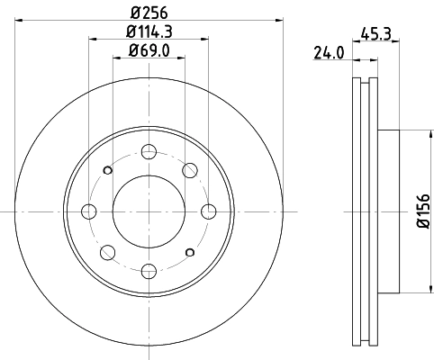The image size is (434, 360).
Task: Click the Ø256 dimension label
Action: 149,12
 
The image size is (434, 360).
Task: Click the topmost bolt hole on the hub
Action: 149,151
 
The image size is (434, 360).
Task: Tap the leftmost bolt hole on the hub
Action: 89,211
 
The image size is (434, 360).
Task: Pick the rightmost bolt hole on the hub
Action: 209,211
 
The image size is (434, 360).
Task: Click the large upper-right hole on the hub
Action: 190,170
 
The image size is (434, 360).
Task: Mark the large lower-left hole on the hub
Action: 108,252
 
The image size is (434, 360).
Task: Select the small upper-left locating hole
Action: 108,170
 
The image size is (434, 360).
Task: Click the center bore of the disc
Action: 149,211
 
